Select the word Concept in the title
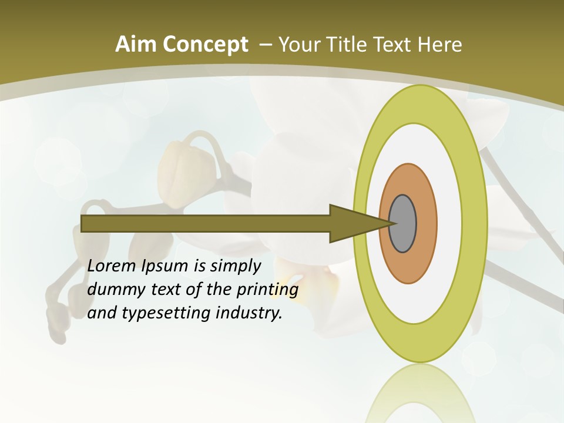point(204,45)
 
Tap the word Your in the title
point(298,45)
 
